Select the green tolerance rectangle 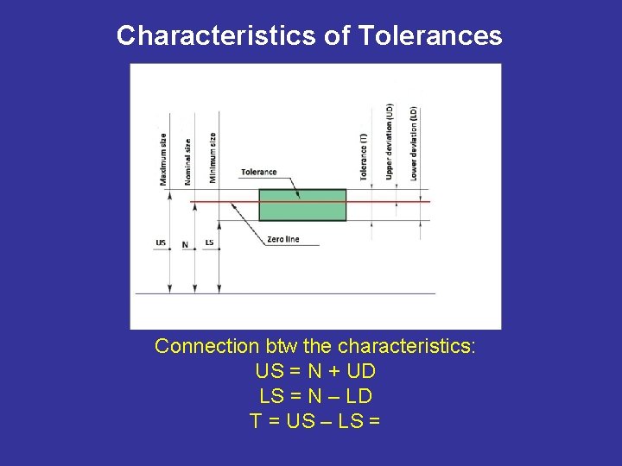(x=302, y=211)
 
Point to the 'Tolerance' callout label (x=259, y=173)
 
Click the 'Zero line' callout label (x=283, y=239)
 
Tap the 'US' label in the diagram (x=161, y=242)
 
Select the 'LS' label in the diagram (x=209, y=242)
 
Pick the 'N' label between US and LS (x=185, y=244)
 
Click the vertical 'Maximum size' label (x=163, y=159)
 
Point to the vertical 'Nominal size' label (x=187, y=161)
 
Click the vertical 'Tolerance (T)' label (x=364, y=155)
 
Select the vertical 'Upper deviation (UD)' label (x=389, y=142)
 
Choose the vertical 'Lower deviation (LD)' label (x=414, y=143)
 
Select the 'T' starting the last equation (x=256, y=421)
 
